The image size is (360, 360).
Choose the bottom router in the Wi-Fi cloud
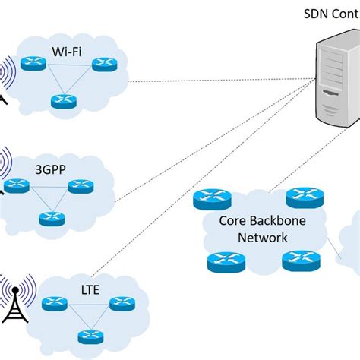point(63,101)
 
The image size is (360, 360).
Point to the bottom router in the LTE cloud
point(90,336)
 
